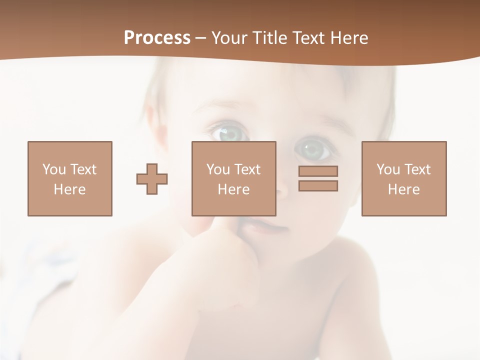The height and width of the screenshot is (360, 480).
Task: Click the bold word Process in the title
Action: pos(157,38)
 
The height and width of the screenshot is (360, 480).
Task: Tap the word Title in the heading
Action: pos(269,38)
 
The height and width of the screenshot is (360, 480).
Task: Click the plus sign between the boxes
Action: pos(152,179)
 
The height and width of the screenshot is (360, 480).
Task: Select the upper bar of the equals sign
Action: pos(318,171)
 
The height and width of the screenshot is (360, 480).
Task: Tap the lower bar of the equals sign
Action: pos(318,186)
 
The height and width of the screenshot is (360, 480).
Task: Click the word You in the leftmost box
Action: pos(54,169)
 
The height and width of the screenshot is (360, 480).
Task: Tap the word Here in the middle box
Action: pos(233,189)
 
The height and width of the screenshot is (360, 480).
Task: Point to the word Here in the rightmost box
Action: pos(404,189)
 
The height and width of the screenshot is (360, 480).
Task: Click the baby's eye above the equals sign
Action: pos(313,149)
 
